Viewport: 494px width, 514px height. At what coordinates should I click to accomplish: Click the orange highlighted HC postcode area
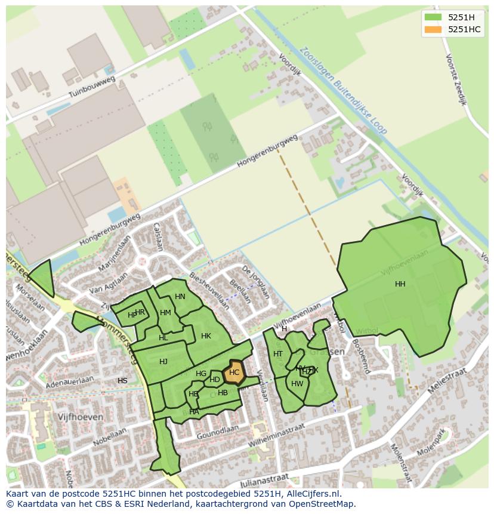coord(234,372)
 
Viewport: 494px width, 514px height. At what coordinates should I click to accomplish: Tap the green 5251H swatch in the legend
coord(433,17)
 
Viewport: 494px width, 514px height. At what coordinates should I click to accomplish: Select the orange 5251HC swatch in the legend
coord(433,29)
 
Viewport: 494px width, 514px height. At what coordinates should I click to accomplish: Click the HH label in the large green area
coord(400,284)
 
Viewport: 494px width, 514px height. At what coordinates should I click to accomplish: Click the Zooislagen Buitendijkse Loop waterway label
coord(344,90)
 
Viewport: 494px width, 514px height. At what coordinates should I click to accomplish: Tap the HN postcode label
coord(180,297)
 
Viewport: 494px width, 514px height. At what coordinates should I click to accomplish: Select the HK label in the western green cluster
coord(206,336)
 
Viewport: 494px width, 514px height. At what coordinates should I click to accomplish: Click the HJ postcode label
coord(163,362)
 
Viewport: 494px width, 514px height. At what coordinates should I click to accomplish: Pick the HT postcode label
coord(278,354)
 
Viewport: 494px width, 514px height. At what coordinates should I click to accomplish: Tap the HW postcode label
coord(297,384)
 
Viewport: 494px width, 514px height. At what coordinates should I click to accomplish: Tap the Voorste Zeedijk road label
coord(455,79)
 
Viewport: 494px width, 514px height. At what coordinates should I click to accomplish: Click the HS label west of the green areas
coord(122,381)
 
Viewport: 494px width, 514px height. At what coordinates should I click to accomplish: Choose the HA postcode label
coord(194,412)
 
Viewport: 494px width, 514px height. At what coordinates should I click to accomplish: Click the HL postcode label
coord(163,338)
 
